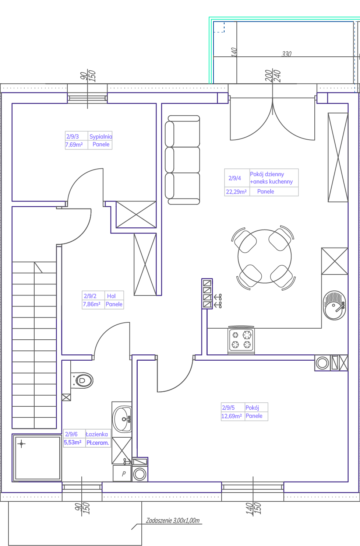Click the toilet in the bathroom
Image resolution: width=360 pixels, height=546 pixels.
click(x=82, y=380)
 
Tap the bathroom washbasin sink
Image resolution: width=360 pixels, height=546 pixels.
click(x=122, y=419)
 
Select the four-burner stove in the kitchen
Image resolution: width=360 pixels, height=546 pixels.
click(x=241, y=340)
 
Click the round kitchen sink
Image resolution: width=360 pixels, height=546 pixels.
click(x=335, y=305)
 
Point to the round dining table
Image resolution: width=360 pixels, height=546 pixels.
click(x=265, y=256)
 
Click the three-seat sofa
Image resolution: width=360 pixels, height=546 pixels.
click(x=183, y=160)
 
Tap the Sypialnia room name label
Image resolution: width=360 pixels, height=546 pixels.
click(x=100, y=136)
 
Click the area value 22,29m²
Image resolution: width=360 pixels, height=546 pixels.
click(x=236, y=192)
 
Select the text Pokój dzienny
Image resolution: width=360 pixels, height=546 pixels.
click(x=267, y=174)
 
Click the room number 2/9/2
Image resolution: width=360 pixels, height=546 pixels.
click(x=90, y=296)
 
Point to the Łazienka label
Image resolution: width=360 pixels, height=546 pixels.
click(x=97, y=434)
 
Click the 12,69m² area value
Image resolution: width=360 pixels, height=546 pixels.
click(x=232, y=416)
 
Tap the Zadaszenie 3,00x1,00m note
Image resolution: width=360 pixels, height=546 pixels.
click(x=173, y=521)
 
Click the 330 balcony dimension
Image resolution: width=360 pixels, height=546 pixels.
click(x=286, y=54)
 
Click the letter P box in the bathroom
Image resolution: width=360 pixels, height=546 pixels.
click(x=123, y=474)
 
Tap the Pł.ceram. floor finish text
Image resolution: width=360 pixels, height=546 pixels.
click(x=98, y=442)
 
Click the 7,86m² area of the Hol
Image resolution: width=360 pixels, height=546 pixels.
click(x=92, y=304)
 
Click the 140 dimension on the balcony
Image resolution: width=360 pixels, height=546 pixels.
click(x=234, y=52)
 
